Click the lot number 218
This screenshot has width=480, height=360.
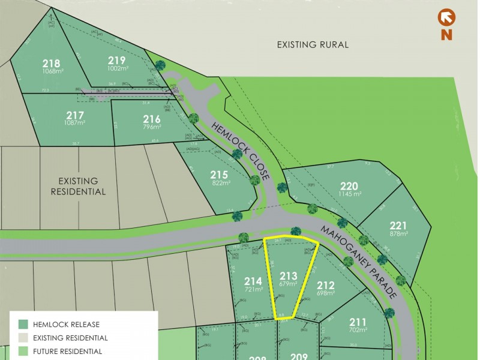point(51,63)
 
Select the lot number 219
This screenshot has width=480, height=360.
point(116,60)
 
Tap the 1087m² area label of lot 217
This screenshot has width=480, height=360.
point(75,122)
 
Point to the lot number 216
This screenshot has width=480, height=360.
point(152,119)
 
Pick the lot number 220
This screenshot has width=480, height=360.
point(349,185)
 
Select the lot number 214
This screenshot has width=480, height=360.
point(253,281)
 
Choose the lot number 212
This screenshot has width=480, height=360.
point(325,285)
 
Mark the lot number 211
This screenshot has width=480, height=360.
point(357,321)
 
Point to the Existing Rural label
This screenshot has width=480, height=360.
point(313,45)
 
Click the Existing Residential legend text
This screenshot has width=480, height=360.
point(71,338)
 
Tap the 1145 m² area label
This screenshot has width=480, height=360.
point(349,194)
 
